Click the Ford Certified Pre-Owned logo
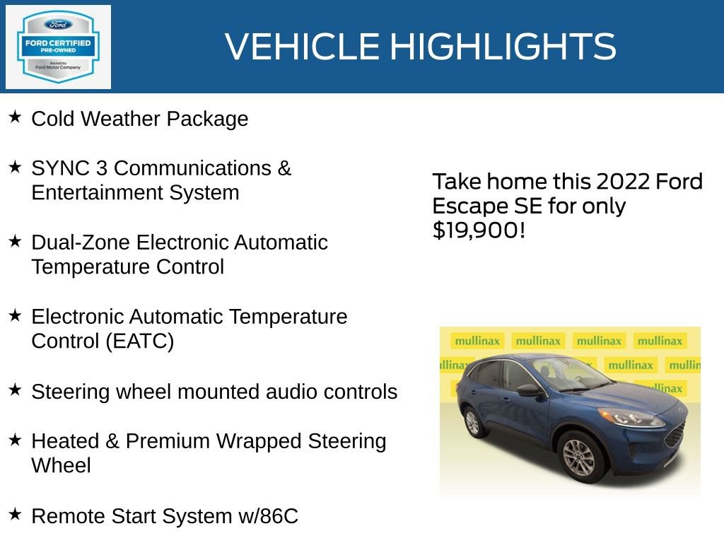point(58,47)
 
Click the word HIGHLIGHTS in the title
point(503,47)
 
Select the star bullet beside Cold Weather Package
point(15,117)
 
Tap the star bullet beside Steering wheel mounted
point(15,389)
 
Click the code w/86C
point(268,516)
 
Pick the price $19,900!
point(479,230)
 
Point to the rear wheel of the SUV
point(472,421)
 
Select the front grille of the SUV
point(675,433)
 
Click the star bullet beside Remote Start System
point(15,514)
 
